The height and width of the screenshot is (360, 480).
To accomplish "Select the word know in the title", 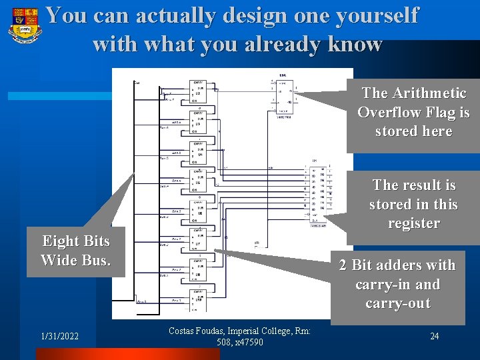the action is pos(357,44).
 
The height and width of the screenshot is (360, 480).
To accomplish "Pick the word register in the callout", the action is pos(413,223).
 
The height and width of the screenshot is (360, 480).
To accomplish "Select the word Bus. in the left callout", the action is pos(95,259).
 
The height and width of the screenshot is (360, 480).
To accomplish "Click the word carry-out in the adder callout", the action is pos(397,303).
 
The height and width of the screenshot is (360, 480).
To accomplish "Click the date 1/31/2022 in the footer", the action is pos(59,337).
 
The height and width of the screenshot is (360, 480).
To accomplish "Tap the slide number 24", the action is pos(434,336).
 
